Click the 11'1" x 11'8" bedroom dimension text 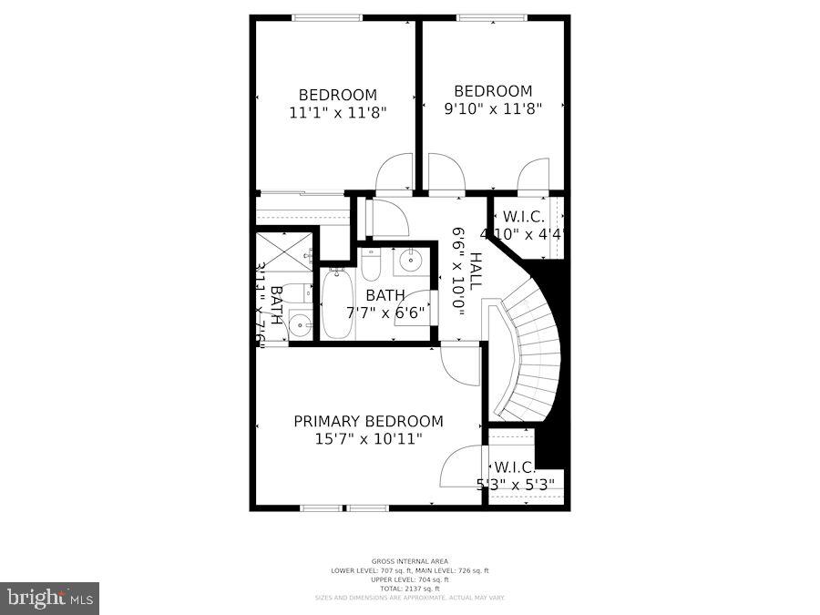click(338, 114)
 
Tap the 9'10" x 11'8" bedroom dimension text click(493, 108)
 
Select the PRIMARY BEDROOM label click(368, 421)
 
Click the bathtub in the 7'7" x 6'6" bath click(335, 303)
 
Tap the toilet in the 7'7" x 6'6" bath click(371, 264)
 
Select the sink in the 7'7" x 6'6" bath click(410, 261)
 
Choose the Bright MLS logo click(51, 599)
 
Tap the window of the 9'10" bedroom click(491, 16)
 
